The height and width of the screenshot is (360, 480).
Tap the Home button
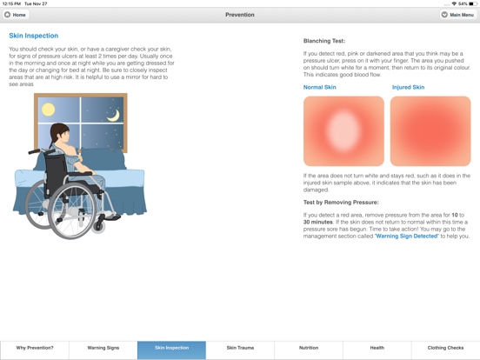(16, 15)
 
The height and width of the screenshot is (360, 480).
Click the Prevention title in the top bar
(240, 15)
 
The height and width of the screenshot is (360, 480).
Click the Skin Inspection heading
(34, 36)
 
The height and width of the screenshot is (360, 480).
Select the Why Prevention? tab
(35, 348)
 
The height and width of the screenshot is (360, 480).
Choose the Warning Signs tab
(103, 348)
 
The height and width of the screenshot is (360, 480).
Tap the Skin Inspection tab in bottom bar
(171, 348)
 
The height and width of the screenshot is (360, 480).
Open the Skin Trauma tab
(240, 348)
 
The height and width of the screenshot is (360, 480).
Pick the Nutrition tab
(308, 348)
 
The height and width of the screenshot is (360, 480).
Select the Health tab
(377, 348)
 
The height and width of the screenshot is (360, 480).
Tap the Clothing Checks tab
(445, 348)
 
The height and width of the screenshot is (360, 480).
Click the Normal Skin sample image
(343, 131)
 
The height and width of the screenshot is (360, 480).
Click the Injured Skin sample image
(430, 131)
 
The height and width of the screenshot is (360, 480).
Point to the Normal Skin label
(320, 88)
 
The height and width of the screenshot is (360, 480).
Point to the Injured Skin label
(408, 88)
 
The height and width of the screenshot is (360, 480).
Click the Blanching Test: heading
(323, 41)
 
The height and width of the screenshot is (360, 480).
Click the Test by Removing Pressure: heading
(341, 202)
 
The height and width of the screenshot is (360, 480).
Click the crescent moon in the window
(113, 115)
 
